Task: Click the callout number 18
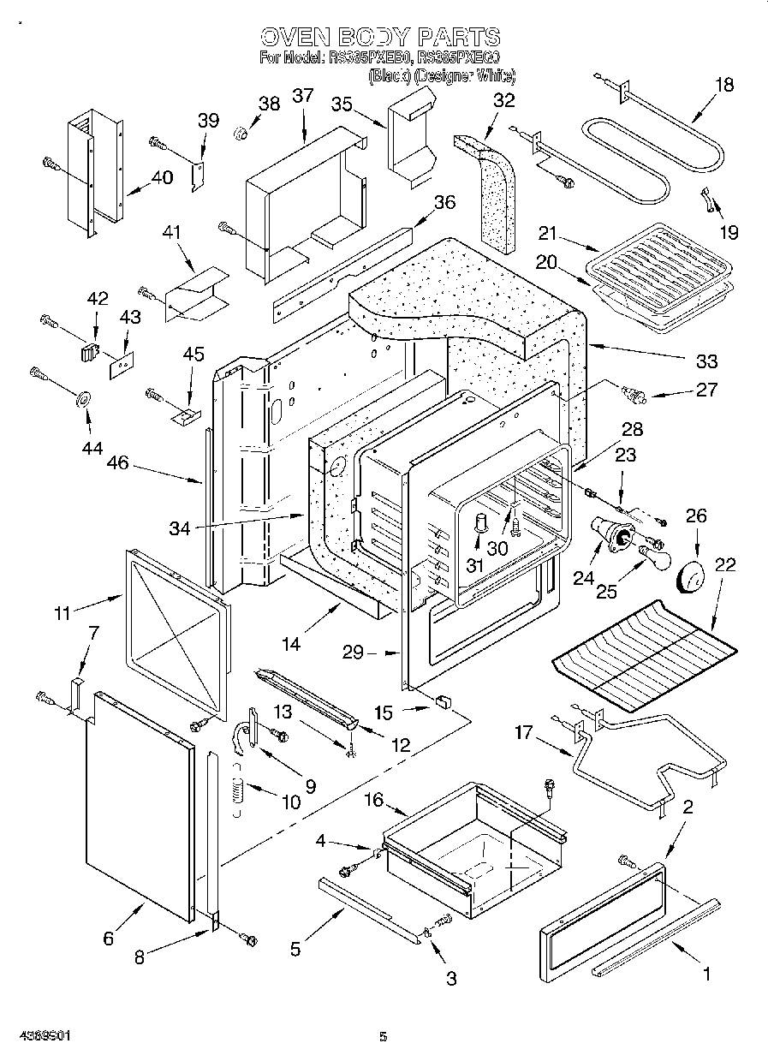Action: tap(724, 84)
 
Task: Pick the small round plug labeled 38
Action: tap(241, 133)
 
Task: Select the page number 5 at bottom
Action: tap(383, 1037)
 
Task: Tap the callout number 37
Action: tap(302, 96)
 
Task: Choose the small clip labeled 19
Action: tap(708, 198)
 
